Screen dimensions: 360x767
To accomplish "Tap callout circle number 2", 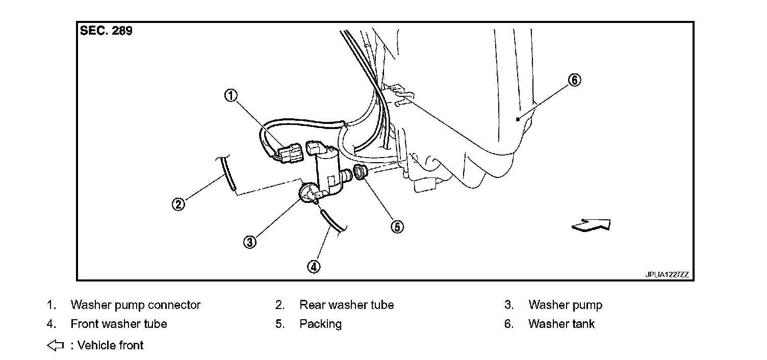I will (177, 204).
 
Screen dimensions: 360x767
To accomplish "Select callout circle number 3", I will (249, 242).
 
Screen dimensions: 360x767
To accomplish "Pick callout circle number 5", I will (397, 227).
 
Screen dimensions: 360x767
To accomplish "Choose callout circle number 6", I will (574, 80).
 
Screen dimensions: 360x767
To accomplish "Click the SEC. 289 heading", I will (106, 31).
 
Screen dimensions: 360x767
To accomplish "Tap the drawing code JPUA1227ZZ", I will (667, 274).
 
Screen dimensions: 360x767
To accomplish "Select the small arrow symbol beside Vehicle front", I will (55, 345).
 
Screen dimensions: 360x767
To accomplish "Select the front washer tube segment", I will (332, 222).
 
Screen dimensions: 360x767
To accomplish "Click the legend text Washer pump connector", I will (135, 305).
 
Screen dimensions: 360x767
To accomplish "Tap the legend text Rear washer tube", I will (346, 305).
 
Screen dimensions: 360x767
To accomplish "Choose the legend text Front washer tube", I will (118, 324).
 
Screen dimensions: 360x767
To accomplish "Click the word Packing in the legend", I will (320, 324).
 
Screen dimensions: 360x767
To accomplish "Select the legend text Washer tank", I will (561, 324).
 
